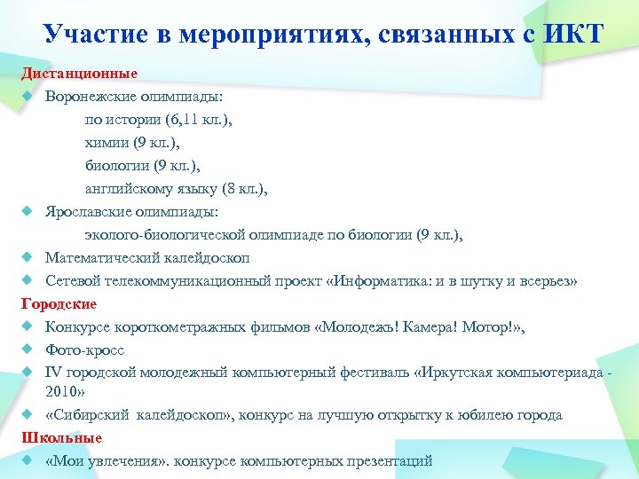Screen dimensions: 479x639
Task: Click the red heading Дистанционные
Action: point(80,73)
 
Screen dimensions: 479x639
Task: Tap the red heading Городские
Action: point(59,303)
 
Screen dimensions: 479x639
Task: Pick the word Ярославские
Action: point(91,212)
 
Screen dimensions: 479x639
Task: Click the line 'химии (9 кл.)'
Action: point(131,142)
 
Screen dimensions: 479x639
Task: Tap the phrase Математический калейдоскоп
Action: point(147,258)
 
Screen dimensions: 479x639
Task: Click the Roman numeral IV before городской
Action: point(52,373)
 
